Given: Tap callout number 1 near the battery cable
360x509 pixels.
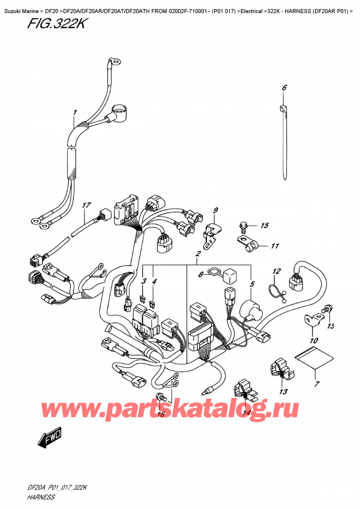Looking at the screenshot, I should (75, 113).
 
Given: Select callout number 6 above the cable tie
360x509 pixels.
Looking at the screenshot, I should (284, 88).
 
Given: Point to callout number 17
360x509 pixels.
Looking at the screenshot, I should (86, 206).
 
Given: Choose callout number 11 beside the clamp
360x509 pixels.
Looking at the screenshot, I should (274, 245).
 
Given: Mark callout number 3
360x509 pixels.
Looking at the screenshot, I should (143, 282).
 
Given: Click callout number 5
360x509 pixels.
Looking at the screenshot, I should (251, 285).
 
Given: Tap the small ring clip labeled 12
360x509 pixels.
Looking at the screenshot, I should (277, 292).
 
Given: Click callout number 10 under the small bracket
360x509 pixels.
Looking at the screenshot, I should (313, 342).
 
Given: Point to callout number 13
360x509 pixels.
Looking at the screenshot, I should (283, 392).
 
